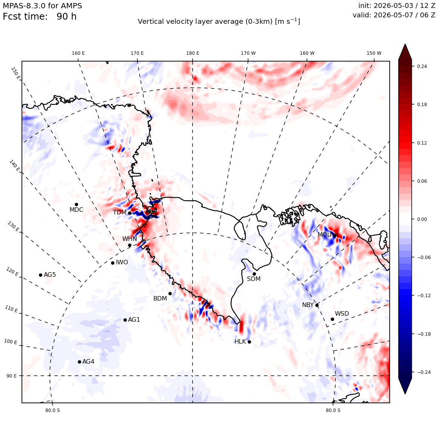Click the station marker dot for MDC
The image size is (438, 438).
[x=76, y=205]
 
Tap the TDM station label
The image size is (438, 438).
[x=120, y=213]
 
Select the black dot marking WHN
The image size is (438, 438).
[x=130, y=245]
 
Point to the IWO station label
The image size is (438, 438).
[x=122, y=262]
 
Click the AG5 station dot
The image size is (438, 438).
[x=40, y=275]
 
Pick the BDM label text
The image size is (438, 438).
[x=160, y=298]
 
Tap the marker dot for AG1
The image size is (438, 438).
[x=125, y=320]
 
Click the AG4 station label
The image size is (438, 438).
[x=88, y=361]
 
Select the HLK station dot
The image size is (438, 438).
[x=250, y=342]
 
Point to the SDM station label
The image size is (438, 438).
[x=254, y=279]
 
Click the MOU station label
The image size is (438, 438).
[x=325, y=234]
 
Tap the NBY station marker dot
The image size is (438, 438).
[x=317, y=305]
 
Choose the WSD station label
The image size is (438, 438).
[x=342, y=314]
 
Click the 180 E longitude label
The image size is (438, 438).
[x=193, y=53]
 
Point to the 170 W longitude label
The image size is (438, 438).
[x=248, y=53]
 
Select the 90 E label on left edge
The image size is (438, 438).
[x=11, y=376]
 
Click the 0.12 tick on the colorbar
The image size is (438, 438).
[x=422, y=143]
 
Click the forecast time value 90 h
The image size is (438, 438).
[x=66, y=17]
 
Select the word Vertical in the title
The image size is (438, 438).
[x=150, y=22]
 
